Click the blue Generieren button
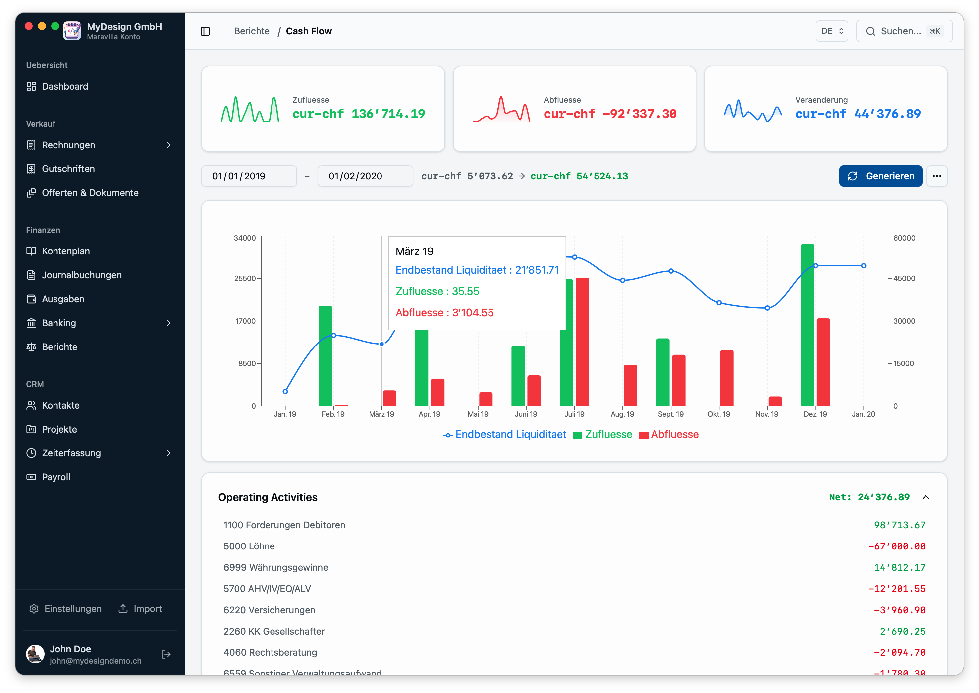click(880, 176)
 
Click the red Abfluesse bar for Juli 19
click(582, 342)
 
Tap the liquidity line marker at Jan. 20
click(863, 266)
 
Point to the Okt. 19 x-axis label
click(719, 414)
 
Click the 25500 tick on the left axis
click(245, 278)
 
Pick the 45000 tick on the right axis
click(904, 278)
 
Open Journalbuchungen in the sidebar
click(81, 275)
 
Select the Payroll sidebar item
click(56, 477)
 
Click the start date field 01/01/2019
click(249, 176)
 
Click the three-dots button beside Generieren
click(937, 176)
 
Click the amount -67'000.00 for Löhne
click(896, 546)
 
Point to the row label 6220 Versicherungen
click(269, 610)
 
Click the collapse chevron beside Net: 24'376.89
click(925, 497)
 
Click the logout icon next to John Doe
click(166, 654)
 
